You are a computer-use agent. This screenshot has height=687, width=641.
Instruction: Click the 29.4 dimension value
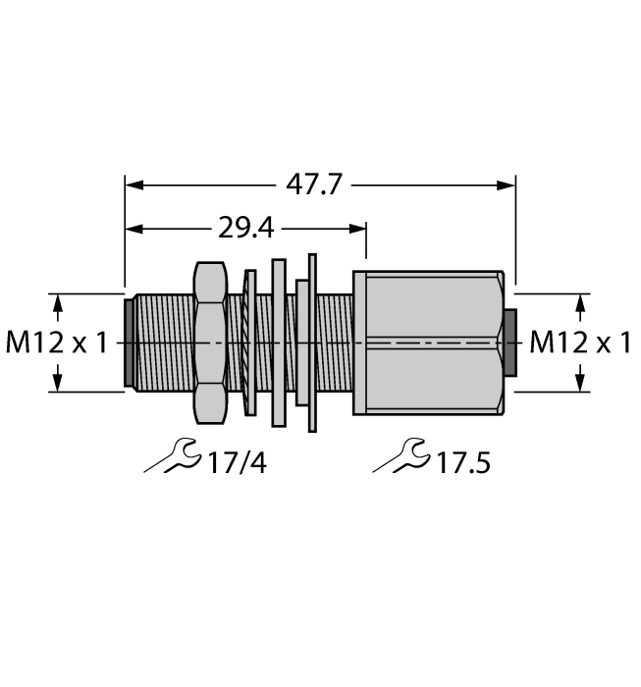(246, 230)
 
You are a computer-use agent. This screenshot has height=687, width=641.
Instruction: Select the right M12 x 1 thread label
(580, 343)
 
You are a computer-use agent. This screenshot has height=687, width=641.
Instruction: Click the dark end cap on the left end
(129, 343)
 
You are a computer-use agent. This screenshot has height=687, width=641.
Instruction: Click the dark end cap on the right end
(509, 343)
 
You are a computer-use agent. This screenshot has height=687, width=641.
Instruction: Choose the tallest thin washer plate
(313, 343)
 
